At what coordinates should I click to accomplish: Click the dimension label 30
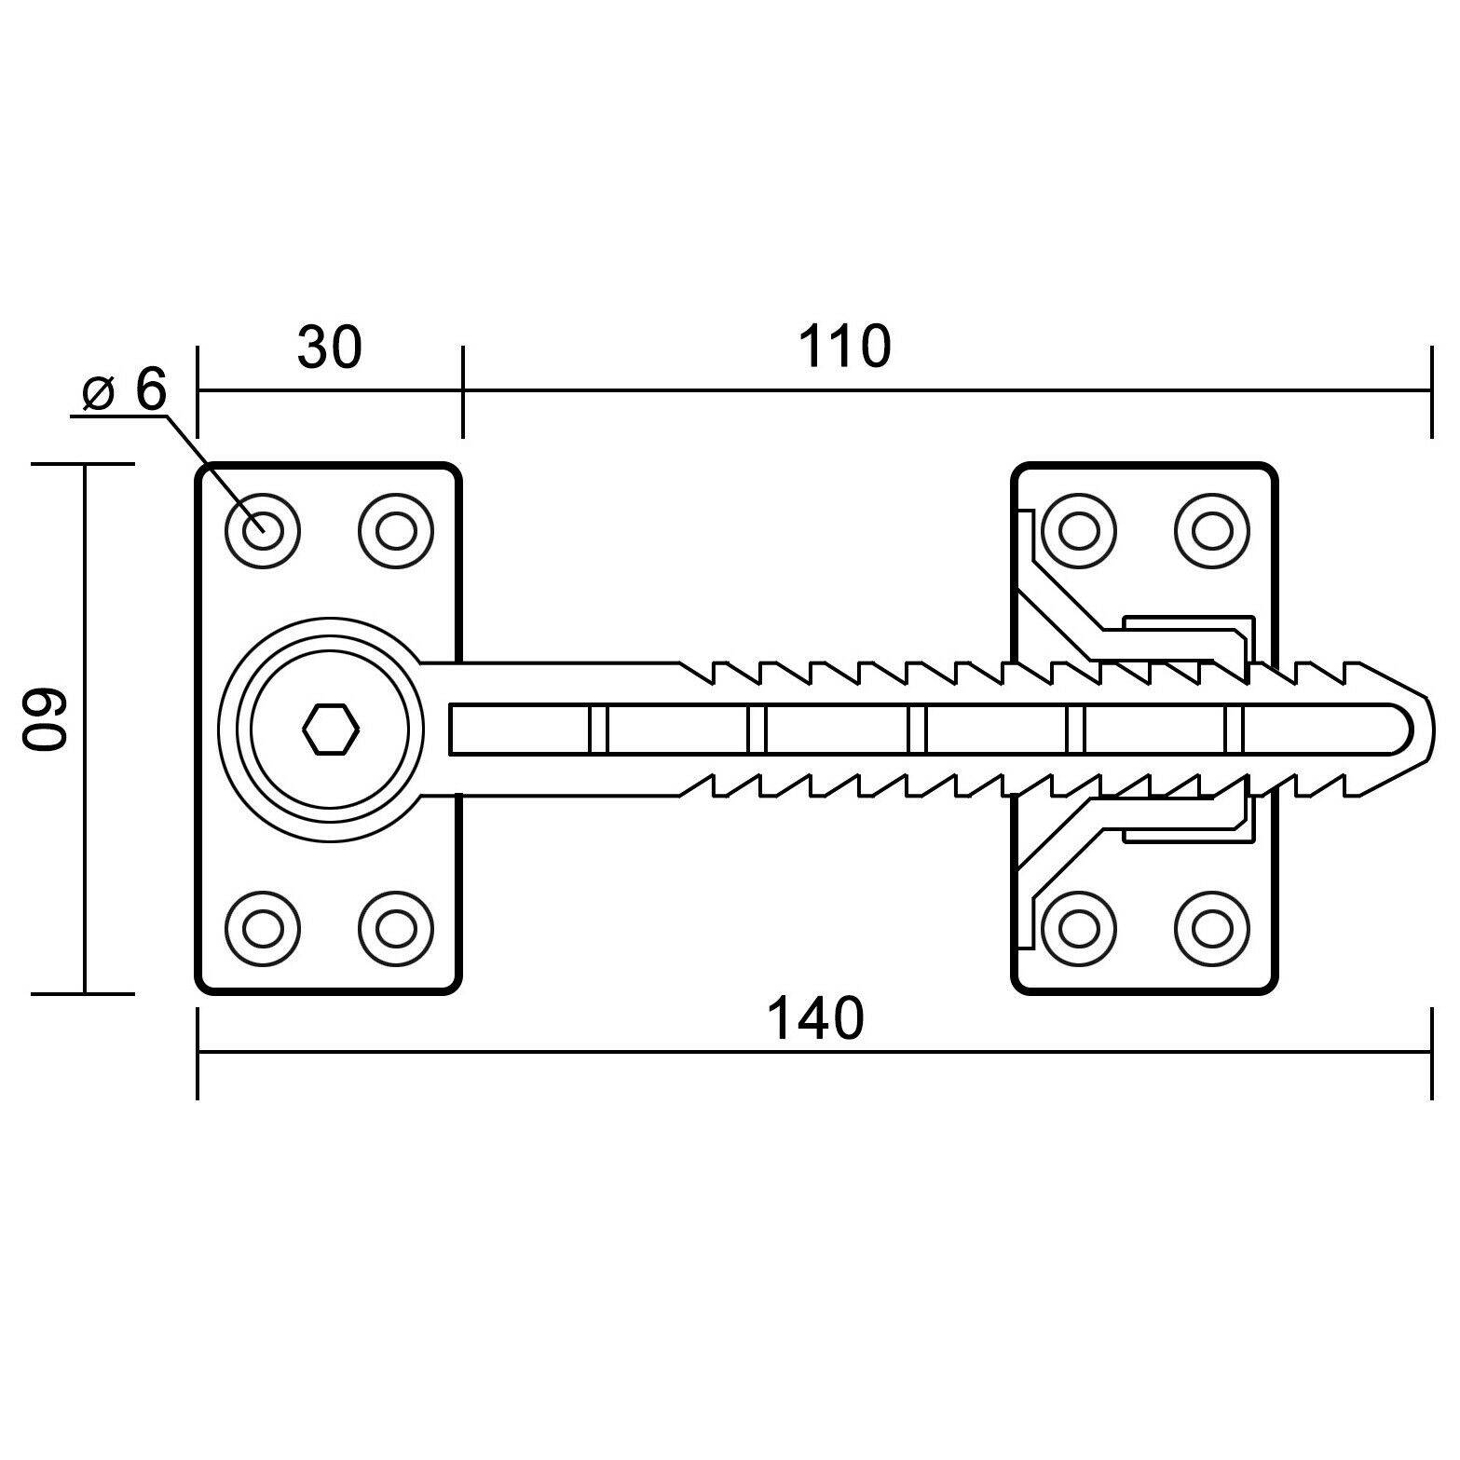click(x=329, y=348)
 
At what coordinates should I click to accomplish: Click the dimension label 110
click(x=844, y=348)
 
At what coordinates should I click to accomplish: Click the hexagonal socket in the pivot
click(x=331, y=728)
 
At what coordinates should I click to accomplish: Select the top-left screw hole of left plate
click(x=263, y=531)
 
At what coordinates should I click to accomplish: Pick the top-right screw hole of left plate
click(x=396, y=531)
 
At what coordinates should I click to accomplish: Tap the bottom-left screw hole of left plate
click(x=263, y=928)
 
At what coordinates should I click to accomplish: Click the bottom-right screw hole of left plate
click(x=396, y=928)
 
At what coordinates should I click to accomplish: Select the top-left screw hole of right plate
click(x=1079, y=531)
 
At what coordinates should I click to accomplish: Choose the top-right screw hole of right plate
click(x=1212, y=531)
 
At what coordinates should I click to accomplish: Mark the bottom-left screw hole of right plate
click(x=1079, y=928)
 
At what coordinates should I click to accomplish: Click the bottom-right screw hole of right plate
click(x=1212, y=928)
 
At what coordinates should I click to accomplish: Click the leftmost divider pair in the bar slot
click(x=598, y=728)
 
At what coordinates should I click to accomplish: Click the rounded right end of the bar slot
click(x=1402, y=728)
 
